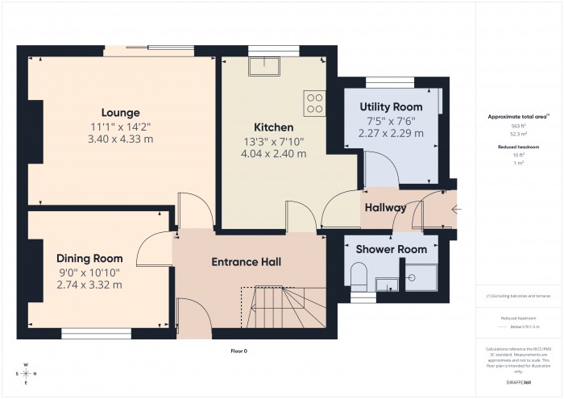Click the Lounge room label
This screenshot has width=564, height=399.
[121, 113]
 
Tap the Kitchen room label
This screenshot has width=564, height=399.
[274, 127]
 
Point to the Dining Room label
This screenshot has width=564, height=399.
[89, 258]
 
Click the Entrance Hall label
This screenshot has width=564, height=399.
[246, 262]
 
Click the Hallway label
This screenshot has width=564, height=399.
[385, 208]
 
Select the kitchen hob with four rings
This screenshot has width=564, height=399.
[314, 104]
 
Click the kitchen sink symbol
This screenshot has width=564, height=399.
[263, 66]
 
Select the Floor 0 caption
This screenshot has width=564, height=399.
[238, 351]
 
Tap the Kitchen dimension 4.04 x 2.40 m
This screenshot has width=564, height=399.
[274, 153]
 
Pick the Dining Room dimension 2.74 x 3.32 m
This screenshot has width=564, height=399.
[89, 285]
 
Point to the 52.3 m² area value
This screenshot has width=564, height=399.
[517, 133]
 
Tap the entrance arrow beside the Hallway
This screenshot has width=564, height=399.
[458, 210]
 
